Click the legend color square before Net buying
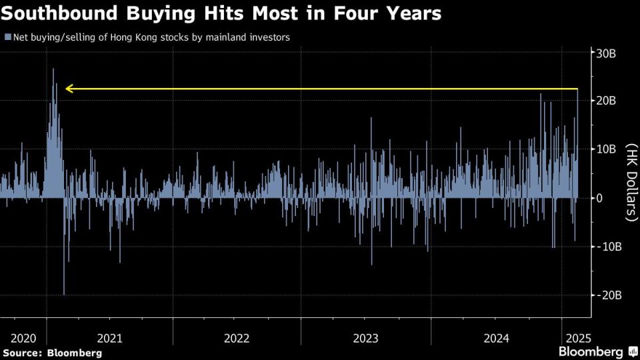tap(7, 38)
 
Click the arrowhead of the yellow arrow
tap(68, 89)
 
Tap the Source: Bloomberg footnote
tap(52, 352)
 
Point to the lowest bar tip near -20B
tap(64, 294)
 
